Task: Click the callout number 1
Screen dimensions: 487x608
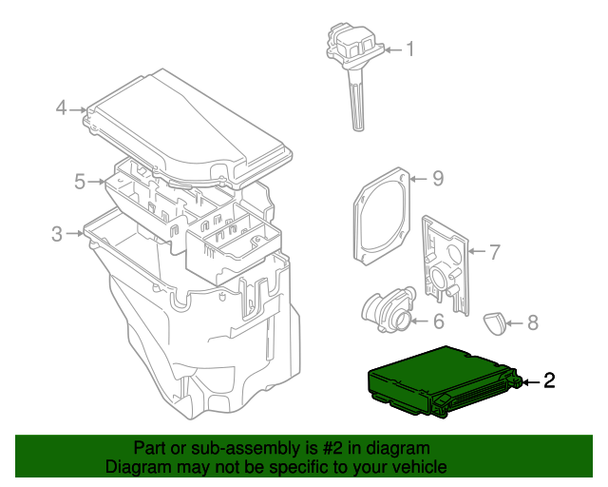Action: (411, 49)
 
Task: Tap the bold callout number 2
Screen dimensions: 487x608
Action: (549, 381)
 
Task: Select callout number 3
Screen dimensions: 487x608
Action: (57, 233)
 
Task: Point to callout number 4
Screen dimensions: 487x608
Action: (61, 108)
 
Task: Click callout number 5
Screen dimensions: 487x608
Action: (81, 180)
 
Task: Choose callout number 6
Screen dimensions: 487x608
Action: (439, 322)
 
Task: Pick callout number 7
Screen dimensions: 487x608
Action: (494, 252)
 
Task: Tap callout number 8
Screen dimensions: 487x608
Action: (532, 322)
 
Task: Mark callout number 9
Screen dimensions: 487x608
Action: (438, 178)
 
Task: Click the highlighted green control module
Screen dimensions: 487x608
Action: (437, 380)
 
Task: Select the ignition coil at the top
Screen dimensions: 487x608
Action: (354, 48)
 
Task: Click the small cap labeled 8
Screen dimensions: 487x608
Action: (497, 322)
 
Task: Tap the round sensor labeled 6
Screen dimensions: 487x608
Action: (388, 310)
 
